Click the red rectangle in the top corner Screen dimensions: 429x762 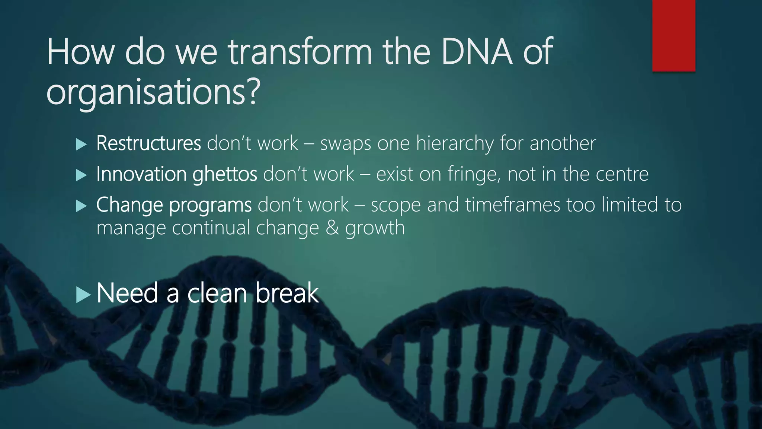click(673, 35)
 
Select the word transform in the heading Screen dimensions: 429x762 click(300, 52)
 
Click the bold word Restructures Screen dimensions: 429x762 click(148, 143)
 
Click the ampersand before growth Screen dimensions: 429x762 click(332, 228)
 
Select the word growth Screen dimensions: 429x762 click(375, 228)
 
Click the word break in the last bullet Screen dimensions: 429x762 click(287, 293)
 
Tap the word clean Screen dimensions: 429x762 click(217, 293)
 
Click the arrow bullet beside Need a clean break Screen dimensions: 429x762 click(83, 295)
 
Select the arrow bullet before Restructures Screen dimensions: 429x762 click(81, 144)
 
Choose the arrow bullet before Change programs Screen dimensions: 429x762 click(81, 206)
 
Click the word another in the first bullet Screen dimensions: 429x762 click(563, 143)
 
